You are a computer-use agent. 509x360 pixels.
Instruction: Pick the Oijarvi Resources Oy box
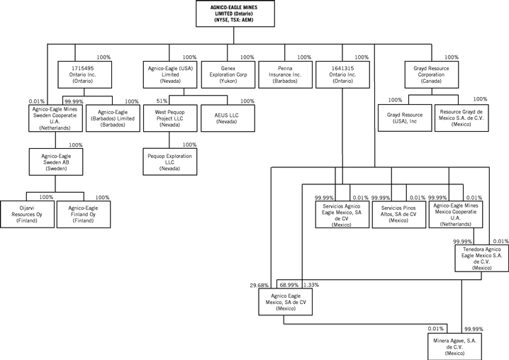click(27, 214)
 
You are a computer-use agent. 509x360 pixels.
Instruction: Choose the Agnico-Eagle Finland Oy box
click(83, 214)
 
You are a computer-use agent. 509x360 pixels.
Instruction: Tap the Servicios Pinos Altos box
click(398, 214)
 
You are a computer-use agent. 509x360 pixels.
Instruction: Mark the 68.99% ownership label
click(289, 285)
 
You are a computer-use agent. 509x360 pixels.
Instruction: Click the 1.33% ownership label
click(312, 285)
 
